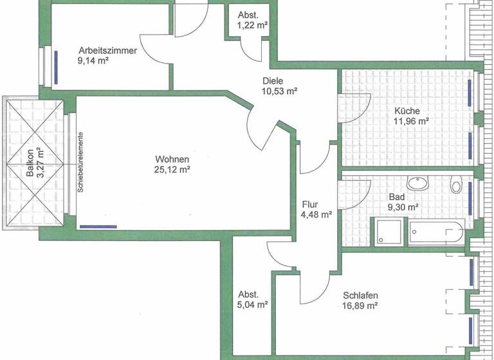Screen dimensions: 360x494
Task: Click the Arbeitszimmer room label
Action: [107, 51]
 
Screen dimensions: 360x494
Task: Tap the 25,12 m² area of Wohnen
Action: [172, 170]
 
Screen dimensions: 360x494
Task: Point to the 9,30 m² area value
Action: [403, 207]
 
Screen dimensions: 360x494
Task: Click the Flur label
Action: [310, 205]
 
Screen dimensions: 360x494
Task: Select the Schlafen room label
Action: [360, 295]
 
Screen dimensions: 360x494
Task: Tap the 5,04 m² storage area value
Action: [252, 305]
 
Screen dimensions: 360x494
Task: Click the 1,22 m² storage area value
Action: [252, 26]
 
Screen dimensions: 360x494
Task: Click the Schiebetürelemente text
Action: [80, 162]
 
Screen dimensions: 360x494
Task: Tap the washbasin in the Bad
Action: [419, 184]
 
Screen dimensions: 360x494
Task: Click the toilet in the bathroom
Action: [456, 184]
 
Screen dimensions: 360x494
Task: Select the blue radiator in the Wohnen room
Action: [98, 226]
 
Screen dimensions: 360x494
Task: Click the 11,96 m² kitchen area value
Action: [411, 120]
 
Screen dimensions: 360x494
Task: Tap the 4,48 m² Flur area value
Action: [316, 215]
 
